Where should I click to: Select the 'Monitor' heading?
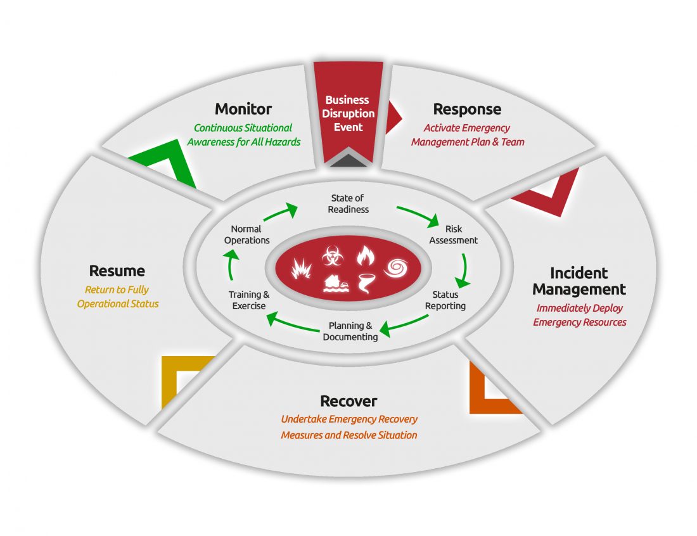click(243, 109)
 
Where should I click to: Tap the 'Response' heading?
click(467, 109)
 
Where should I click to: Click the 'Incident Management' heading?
click(579, 281)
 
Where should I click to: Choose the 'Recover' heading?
click(348, 401)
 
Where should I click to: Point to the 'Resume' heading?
click(117, 271)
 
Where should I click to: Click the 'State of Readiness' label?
click(348, 204)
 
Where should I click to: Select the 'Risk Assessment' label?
click(453, 234)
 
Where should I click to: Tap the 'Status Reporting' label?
click(445, 300)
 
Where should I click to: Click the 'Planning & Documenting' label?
click(350, 331)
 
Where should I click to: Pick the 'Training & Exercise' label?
click(248, 300)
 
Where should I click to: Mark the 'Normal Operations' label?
click(246, 234)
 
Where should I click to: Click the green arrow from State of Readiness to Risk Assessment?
click(418, 214)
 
